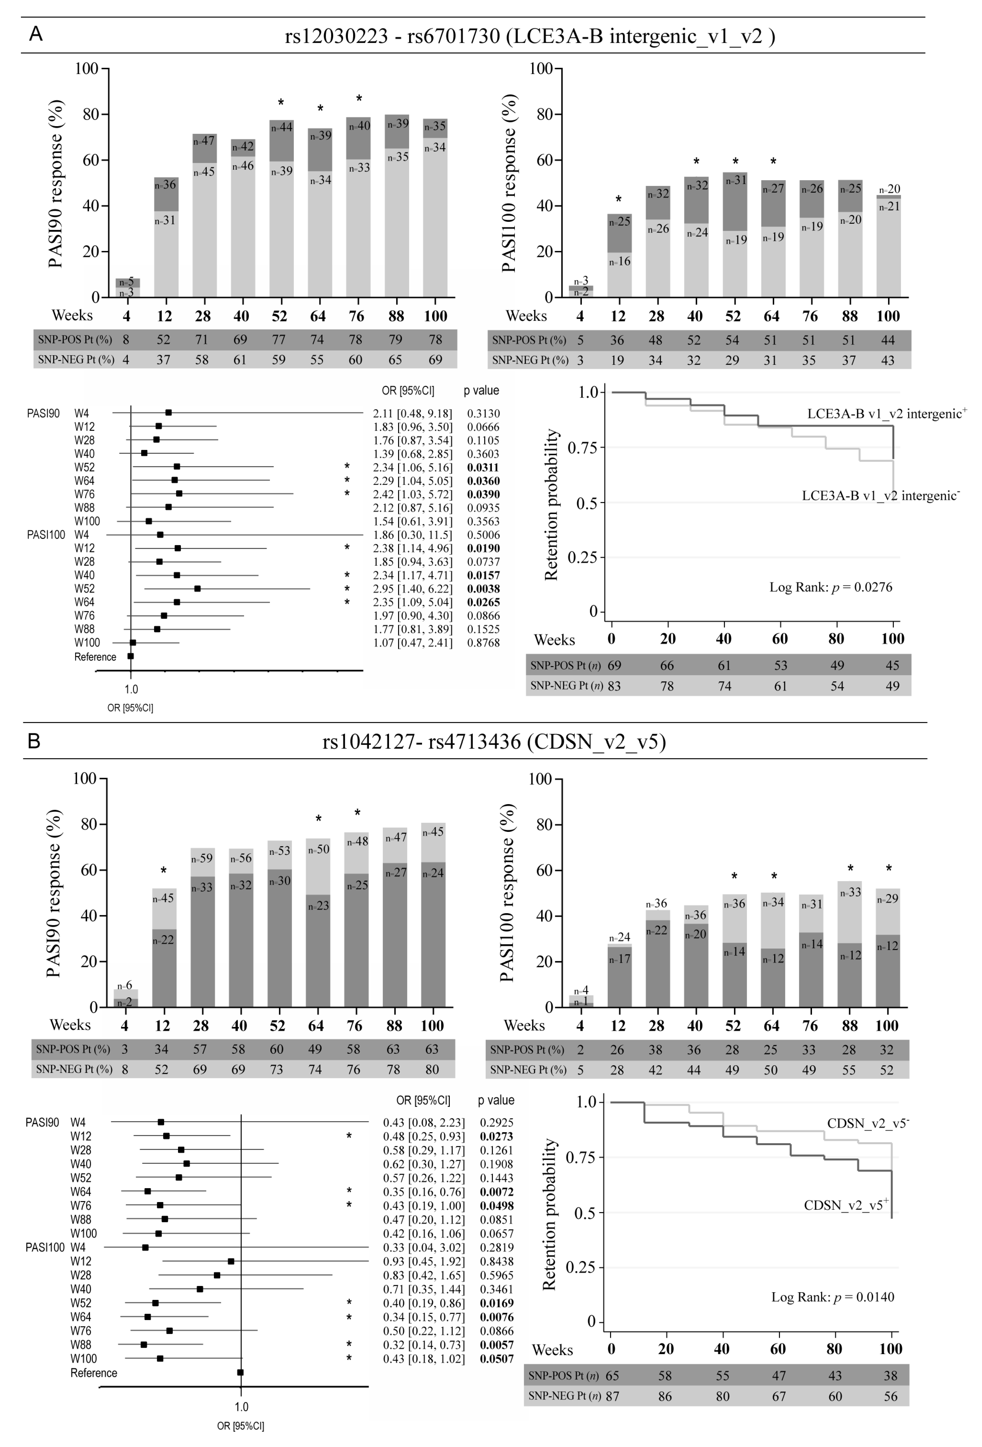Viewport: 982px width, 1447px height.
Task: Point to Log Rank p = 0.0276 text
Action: click(831, 587)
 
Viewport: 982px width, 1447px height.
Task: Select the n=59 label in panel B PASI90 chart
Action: click(202, 859)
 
